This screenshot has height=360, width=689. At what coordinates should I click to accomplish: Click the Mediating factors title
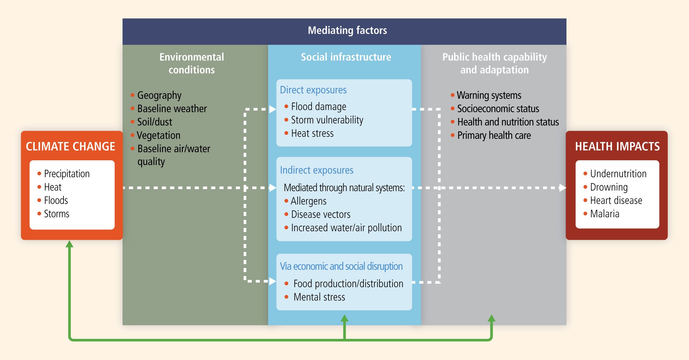tap(347, 30)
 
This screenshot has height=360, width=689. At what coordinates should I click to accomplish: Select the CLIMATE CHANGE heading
tap(71, 147)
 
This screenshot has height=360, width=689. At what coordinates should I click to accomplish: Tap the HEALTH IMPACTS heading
tap(617, 147)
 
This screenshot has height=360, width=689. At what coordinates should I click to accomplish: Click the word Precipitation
tap(67, 174)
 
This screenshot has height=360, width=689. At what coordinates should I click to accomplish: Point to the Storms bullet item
tap(57, 214)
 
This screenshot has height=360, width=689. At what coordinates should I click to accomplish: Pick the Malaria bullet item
tap(605, 214)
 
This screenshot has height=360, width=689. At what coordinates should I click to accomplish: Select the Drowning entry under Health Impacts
tap(609, 187)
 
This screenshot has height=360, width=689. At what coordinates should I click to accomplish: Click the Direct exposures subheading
tap(313, 90)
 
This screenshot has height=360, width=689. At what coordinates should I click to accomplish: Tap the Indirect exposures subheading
tap(317, 170)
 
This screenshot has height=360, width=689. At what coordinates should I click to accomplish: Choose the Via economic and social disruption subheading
tap(341, 266)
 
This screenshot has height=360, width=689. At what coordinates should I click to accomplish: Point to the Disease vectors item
tap(321, 214)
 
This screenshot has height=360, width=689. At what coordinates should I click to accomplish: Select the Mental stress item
tap(319, 297)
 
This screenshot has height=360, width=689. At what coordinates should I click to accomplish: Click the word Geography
tap(159, 96)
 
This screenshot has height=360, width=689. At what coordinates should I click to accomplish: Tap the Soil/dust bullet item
tap(155, 122)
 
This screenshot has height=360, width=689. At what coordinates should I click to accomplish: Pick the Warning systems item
tap(489, 96)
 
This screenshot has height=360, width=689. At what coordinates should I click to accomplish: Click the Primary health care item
tap(494, 136)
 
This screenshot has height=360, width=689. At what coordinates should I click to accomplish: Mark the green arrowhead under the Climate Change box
tap(69, 244)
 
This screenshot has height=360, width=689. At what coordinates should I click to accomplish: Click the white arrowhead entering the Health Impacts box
tap(563, 188)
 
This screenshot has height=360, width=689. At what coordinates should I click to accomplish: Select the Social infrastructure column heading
tap(346, 57)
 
